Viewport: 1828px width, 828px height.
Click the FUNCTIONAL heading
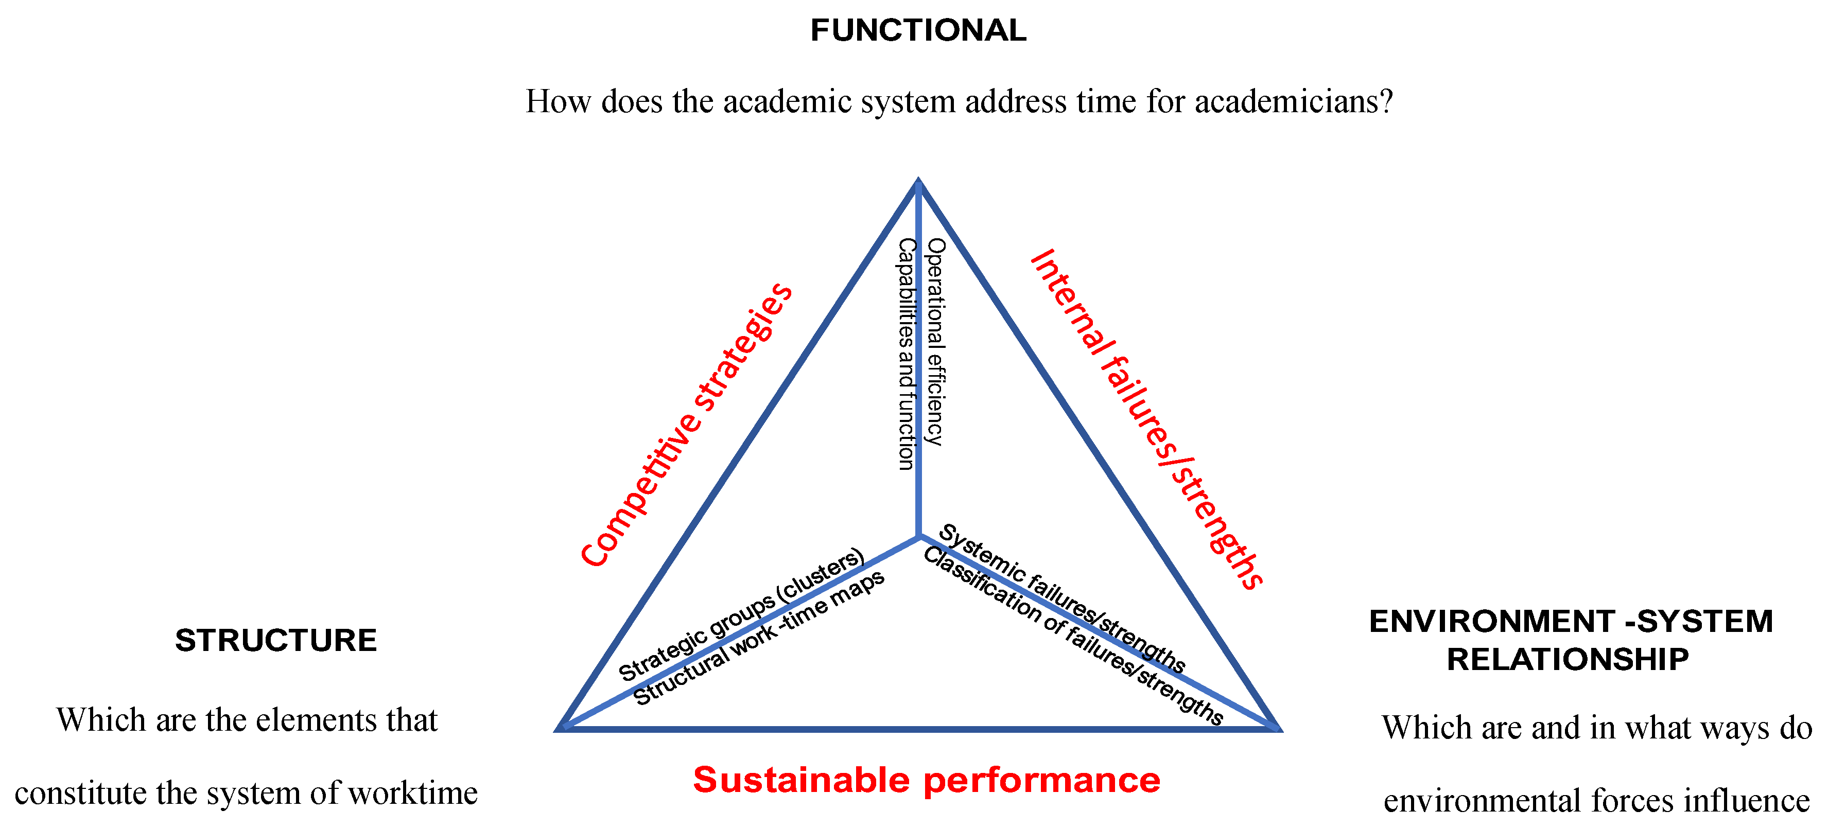pyautogui.click(x=918, y=30)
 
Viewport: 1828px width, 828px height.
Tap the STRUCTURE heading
pyautogui.click(x=276, y=641)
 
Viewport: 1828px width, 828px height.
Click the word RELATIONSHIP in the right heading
pyautogui.click(x=1568, y=660)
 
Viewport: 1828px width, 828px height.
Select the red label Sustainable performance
pyautogui.click(x=927, y=781)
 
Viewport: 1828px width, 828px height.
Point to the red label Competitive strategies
pyautogui.click(x=686, y=425)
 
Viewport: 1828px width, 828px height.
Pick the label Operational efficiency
pyautogui.click(x=936, y=341)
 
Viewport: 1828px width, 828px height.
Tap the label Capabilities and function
pyautogui.click(x=906, y=354)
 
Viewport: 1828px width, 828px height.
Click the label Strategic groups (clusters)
pyautogui.click(x=741, y=614)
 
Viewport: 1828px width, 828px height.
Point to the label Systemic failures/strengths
pyautogui.click(x=1061, y=598)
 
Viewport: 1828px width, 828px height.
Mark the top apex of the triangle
pyautogui.click(x=918, y=182)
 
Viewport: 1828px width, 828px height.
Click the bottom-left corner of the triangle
pyautogui.click(x=561, y=728)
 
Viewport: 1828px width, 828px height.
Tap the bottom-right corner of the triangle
pyautogui.click(x=1277, y=728)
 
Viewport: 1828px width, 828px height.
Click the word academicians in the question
pyautogui.click(x=1294, y=101)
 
